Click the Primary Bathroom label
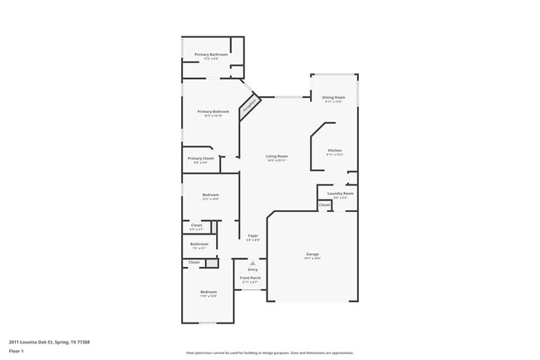pos(211,55)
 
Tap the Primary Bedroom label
pos(213,111)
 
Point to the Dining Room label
pos(333,97)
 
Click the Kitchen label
pos(334,150)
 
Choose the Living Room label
pos(277,156)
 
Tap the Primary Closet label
pos(200,158)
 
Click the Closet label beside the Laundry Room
pos(324,205)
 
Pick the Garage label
pos(312,254)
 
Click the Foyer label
pos(253,236)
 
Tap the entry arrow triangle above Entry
pos(253,262)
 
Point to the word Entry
pos(253,269)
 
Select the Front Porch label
pos(250,279)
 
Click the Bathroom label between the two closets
pos(200,244)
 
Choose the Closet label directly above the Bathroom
pos(197,225)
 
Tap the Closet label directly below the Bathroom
pos(194,262)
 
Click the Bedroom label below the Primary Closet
pos(210,195)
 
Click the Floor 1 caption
pos(17,352)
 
